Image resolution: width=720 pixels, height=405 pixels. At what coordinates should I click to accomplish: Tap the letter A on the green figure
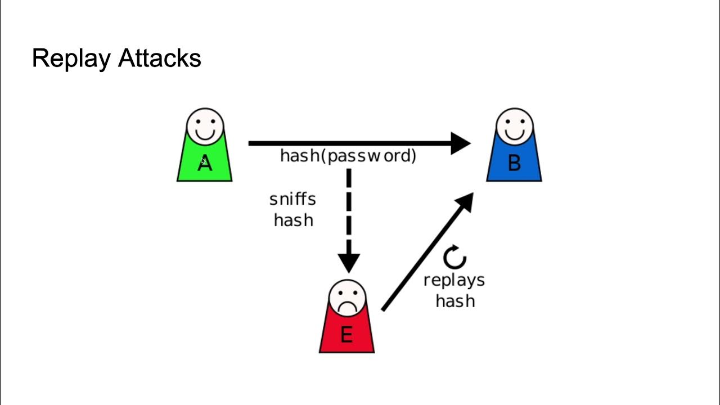[x=205, y=164]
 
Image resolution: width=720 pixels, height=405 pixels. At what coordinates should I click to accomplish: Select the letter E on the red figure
[x=346, y=335]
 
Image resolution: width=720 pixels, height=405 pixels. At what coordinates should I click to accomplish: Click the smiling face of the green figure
[x=205, y=125]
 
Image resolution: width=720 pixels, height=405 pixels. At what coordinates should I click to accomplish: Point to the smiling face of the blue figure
[x=514, y=125]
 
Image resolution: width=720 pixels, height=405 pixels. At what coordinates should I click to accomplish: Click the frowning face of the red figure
[x=347, y=298]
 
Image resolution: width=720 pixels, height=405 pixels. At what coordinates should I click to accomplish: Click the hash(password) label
[x=348, y=156]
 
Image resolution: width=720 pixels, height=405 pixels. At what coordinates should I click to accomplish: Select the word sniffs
[x=292, y=200]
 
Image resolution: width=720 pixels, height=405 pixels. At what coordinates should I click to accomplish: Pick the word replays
[x=454, y=280]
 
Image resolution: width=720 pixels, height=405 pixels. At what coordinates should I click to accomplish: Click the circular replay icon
[x=454, y=258]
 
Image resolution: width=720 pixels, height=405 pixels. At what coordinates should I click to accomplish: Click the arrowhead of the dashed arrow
[x=349, y=263]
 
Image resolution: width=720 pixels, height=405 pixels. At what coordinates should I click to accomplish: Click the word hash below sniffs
[x=293, y=220]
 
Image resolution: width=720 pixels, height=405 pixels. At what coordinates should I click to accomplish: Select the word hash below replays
[x=455, y=301]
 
